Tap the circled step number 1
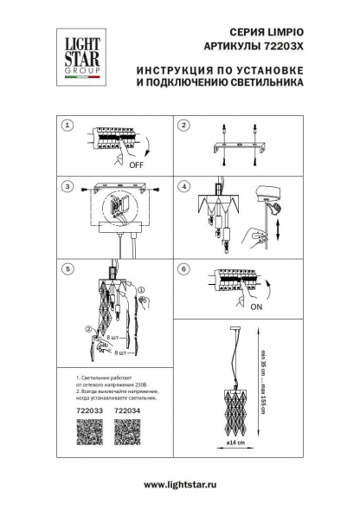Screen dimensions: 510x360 coord(65,126)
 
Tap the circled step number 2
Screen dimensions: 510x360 coord(183,126)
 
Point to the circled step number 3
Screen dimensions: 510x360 coord(65,186)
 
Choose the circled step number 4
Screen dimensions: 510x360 coord(183,186)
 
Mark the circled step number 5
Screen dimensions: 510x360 coord(65,268)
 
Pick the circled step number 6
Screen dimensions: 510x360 coord(183,268)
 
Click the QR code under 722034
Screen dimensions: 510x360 coord(127,433)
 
